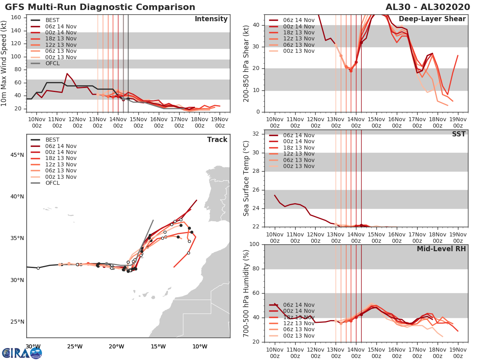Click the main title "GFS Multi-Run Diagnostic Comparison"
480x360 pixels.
(100, 7)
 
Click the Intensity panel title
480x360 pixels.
(211, 19)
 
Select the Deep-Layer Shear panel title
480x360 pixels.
(432, 19)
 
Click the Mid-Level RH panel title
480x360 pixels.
(441, 249)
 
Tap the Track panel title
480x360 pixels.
(217, 140)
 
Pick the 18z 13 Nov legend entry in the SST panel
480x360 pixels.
(298, 148)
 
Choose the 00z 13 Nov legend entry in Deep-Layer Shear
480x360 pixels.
(298, 51)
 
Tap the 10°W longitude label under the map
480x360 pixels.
(199, 346)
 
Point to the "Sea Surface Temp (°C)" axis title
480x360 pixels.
(246, 178)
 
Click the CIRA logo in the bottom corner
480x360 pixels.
(22, 353)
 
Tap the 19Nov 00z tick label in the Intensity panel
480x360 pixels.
(220, 122)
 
